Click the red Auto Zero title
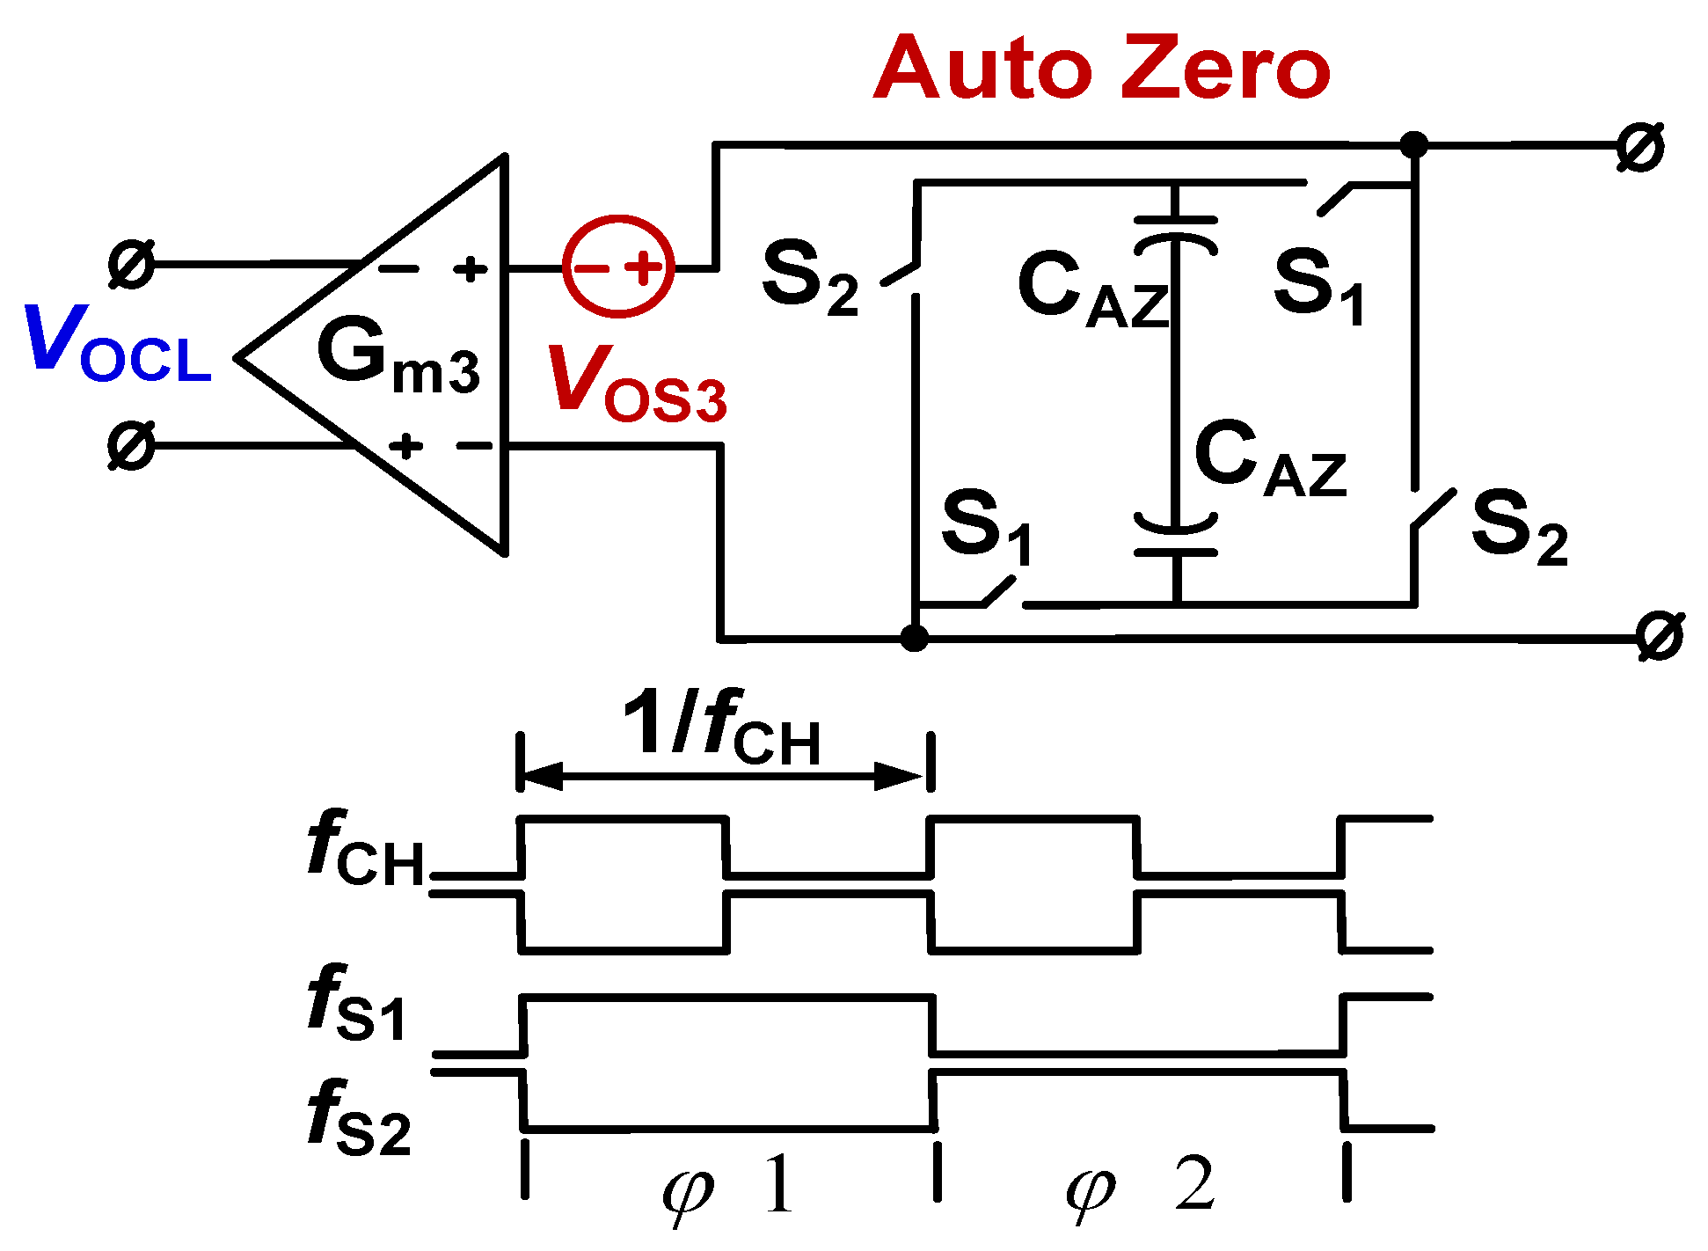[1101, 68]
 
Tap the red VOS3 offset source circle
[618, 266]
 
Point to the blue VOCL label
[118, 345]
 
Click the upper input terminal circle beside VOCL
[131, 263]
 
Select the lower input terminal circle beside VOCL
[131, 445]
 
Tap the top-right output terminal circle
[1640, 147]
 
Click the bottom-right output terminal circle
[1660, 636]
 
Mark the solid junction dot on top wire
[1413, 144]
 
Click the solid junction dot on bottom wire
[915, 637]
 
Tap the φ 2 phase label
[1140, 1188]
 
